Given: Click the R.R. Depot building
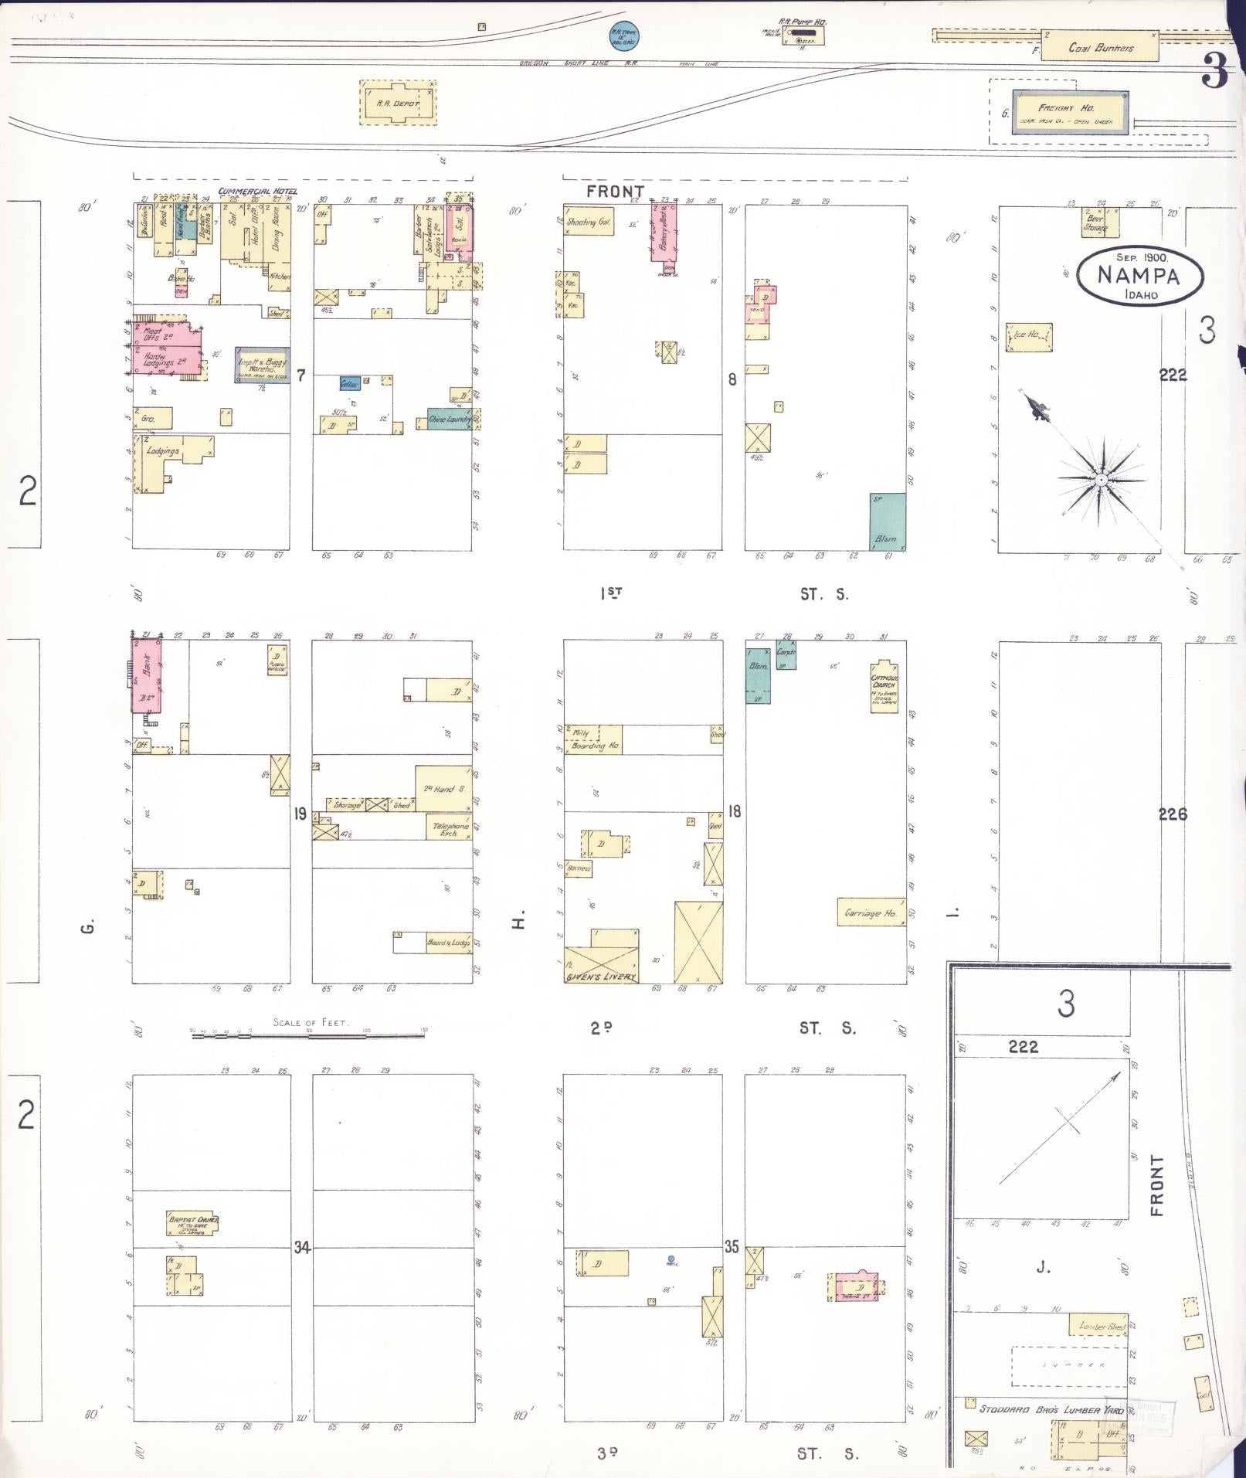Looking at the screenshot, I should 398,103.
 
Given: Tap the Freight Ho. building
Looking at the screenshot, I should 1071,113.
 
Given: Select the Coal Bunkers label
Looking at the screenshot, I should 1101,48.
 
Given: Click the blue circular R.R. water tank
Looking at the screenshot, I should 623,35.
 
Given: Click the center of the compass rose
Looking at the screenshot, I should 1100,481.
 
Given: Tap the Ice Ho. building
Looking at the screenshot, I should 1029,337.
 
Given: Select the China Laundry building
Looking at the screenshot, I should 449,419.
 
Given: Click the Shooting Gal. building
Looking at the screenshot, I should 589,223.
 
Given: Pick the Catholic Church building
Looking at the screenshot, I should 884,686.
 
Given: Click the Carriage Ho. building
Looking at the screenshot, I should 871,912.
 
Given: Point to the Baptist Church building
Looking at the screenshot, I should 192,1222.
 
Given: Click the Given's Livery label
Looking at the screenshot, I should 601,977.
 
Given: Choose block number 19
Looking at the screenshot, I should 301,813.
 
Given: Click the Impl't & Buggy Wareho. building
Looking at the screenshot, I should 263,365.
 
